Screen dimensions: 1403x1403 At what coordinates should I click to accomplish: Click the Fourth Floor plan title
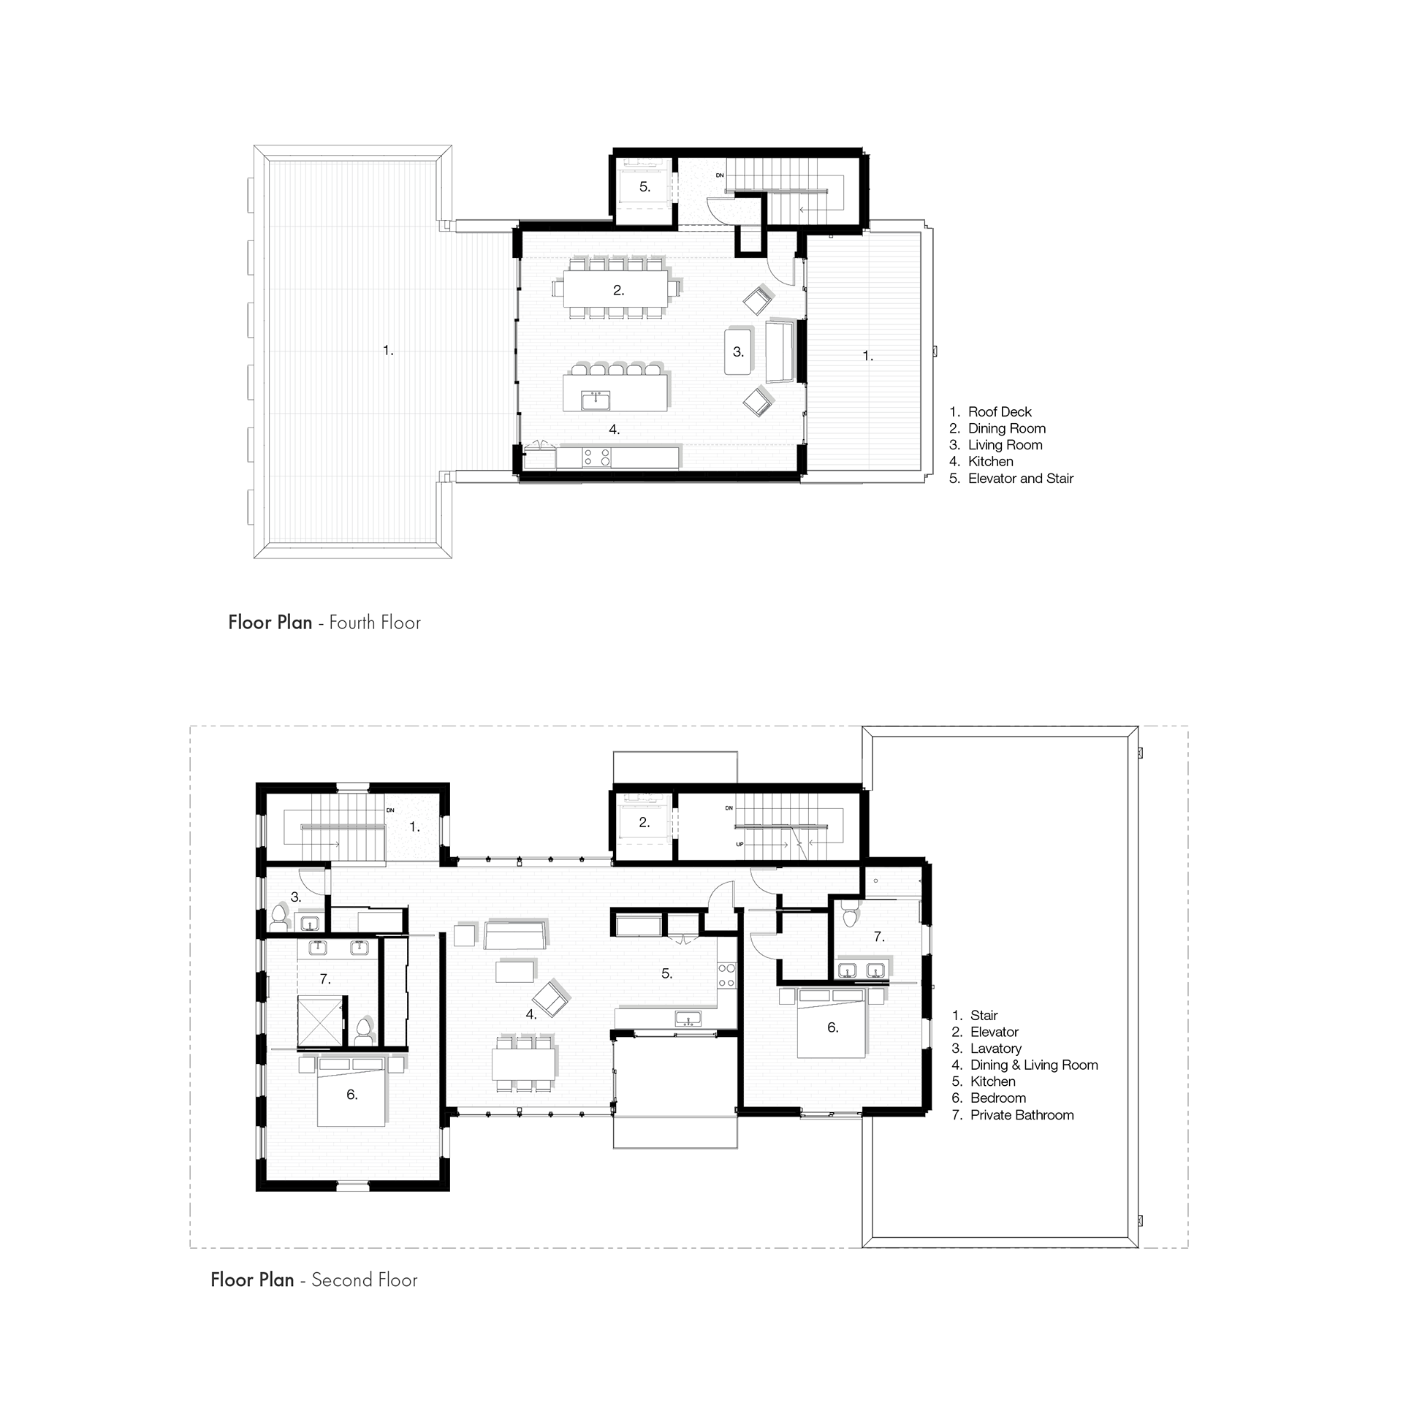[x=324, y=623]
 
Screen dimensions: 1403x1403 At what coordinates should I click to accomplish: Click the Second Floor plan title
[x=314, y=1280]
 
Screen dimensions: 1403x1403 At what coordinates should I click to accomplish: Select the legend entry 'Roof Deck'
[x=991, y=411]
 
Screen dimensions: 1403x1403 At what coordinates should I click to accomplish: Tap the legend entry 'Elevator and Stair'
[x=1011, y=479]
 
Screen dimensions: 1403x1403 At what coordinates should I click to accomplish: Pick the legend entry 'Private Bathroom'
[x=1013, y=1115]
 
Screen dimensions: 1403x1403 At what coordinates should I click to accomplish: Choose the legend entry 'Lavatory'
[x=986, y=1049]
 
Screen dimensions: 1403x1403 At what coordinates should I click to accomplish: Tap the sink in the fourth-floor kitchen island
[x=596, y=400]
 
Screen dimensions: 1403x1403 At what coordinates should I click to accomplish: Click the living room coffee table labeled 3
[x=738, y=352]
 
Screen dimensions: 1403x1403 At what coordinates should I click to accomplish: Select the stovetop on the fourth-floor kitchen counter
[x=597, y=457]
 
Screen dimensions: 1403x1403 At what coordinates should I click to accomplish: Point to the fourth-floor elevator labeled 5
[x=644, y=186]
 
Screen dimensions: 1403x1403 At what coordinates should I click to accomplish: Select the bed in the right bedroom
[x=832, y=1023]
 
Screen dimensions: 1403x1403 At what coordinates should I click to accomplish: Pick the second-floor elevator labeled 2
[x=644, y=823]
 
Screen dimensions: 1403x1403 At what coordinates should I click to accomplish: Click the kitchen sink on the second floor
[x=688, y=1018]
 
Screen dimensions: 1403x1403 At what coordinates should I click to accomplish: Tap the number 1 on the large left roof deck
[x=388, y=351]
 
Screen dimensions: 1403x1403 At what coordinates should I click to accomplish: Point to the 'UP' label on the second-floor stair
[x=739, y=844]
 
